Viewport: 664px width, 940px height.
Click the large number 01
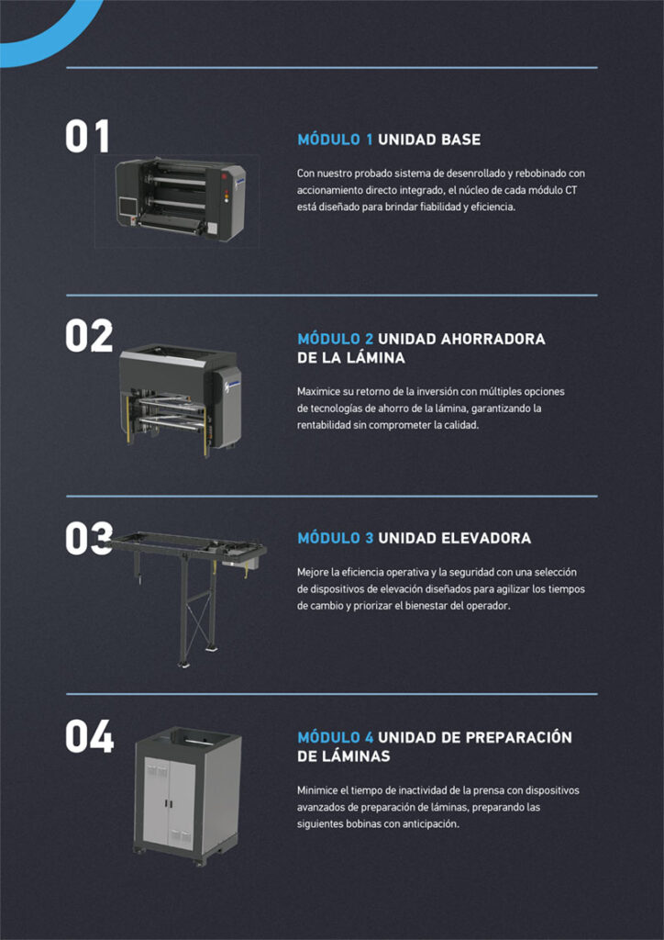[87, 136]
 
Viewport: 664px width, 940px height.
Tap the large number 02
[89, 336]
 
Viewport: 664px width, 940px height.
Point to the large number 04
[90, 736]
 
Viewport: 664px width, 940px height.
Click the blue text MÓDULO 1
[336, 140]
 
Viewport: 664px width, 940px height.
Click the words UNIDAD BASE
[429, 140]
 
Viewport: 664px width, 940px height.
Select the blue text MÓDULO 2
[336, 339]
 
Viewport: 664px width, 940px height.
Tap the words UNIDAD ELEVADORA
[455, 538]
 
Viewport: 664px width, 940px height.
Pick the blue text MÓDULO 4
[336, 737]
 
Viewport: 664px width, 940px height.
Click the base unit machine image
[181, 199]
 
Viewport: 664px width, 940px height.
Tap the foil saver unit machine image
[181, 398]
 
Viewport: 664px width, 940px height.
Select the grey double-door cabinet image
[187, 796]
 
